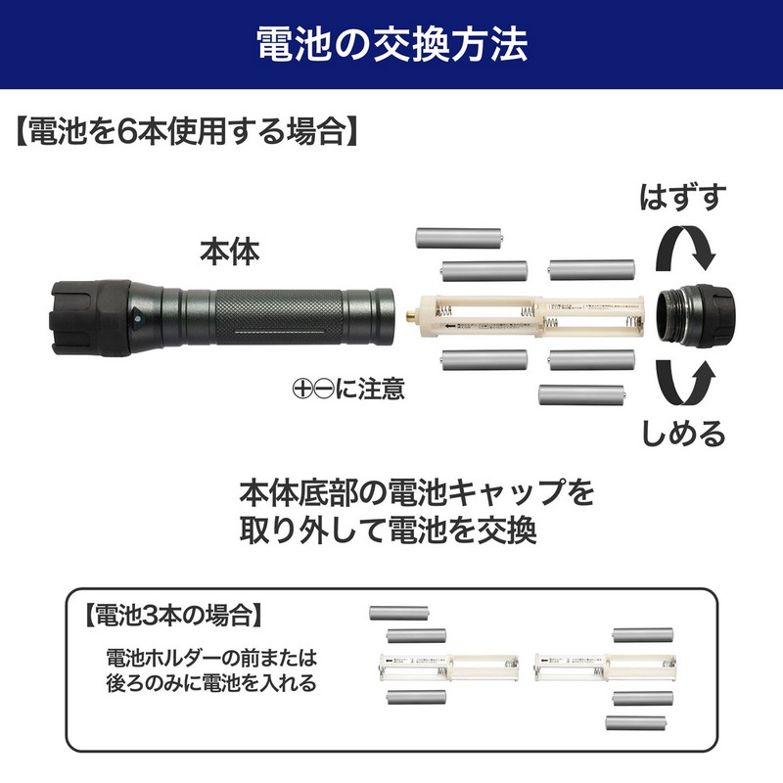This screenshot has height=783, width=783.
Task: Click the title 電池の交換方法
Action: [392, 44]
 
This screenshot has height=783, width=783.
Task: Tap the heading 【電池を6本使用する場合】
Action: [187, 132]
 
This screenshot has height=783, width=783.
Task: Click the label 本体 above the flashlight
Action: [230, 252]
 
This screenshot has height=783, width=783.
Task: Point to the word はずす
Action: [682, 197]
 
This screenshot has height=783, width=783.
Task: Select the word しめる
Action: [683, 433]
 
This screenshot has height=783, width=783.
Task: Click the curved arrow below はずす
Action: [686, 248]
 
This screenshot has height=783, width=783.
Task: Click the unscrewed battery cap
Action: [696, 315]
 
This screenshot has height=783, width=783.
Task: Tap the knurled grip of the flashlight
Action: [279, 316]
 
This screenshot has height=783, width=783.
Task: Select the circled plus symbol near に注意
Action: [302, 389]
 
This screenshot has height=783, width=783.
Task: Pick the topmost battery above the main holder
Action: [459, 238]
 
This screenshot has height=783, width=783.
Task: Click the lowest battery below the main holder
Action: [581, 394]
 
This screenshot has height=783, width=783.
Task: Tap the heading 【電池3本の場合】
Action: [173, 615]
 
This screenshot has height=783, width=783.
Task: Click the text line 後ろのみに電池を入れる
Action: [211, 682]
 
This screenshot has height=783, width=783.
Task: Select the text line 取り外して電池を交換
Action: [389, 530]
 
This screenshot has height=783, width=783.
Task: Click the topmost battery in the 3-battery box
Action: [399, 613]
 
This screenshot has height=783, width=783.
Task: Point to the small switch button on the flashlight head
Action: [137, 316]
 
